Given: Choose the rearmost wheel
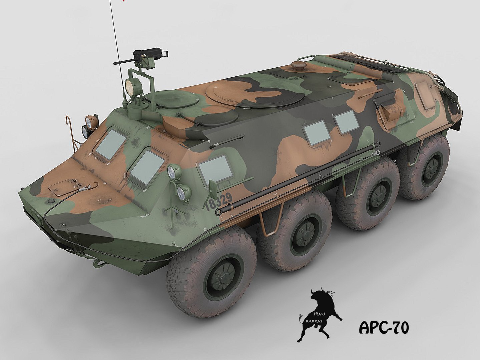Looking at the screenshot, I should pos(426,168).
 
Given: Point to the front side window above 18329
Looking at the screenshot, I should pos(215,167).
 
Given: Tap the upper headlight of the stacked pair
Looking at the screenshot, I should pos(172,172).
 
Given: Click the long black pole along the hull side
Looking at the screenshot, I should pos(300,177).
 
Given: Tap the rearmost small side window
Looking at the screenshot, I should pos(347,122).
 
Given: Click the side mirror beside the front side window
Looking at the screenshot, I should pos(212,188).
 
